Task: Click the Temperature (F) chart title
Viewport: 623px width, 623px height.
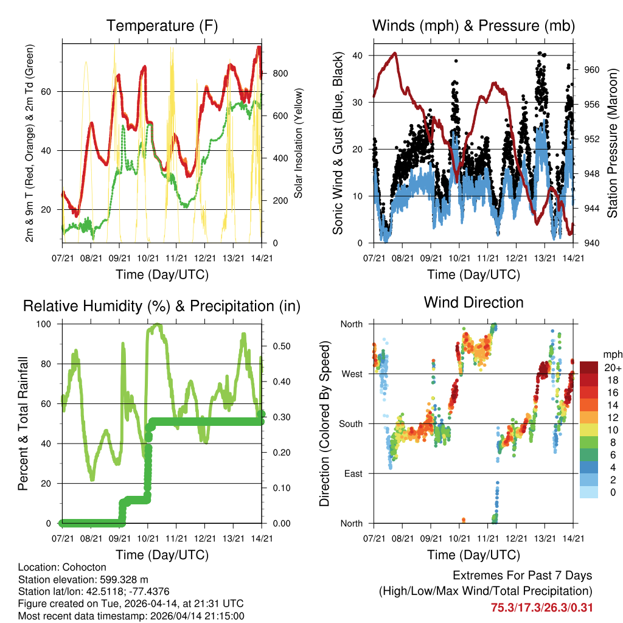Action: [162, 26]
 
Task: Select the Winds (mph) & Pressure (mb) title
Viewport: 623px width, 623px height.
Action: [474, 26]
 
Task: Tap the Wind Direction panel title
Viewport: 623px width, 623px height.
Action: [474, 302]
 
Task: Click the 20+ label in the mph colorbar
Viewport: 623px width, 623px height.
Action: [613, 367]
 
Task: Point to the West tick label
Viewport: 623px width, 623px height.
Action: [352, 374]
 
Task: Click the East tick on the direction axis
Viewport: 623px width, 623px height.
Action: [353, 473]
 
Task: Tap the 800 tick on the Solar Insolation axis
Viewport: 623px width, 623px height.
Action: [280, 74]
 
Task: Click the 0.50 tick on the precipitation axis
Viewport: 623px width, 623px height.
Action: [277, 346]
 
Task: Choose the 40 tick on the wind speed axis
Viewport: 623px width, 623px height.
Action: [358, 55]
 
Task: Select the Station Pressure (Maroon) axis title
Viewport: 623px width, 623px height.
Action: [612, 143]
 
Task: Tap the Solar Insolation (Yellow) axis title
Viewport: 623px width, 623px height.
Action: [299, 143]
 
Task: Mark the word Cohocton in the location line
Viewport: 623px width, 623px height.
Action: [78, 567]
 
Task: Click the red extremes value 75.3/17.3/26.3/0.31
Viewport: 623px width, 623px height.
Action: [541, 607]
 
